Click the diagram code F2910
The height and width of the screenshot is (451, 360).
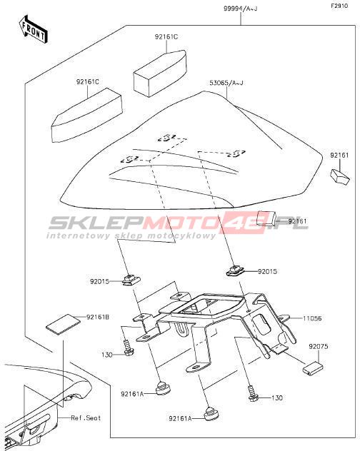click(x=339, y=6)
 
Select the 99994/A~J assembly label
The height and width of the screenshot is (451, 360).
click(x=241, y=9)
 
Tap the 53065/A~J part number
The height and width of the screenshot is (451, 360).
click(x=226, y=83)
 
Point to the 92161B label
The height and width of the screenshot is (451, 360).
click(x=98, y=317)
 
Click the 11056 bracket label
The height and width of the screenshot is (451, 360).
click(x=312, y=318)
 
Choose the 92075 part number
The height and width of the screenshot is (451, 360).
click(x=319, y=346)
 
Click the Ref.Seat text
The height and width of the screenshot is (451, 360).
click(x=86, y=417)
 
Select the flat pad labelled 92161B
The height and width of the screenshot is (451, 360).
click(x=62, y=324)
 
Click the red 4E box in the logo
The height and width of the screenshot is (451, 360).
click(x=244, y=223)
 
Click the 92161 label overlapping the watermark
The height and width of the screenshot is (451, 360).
click(x=298, y=221)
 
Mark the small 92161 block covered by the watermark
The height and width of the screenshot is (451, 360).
click(x=266, y=218)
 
